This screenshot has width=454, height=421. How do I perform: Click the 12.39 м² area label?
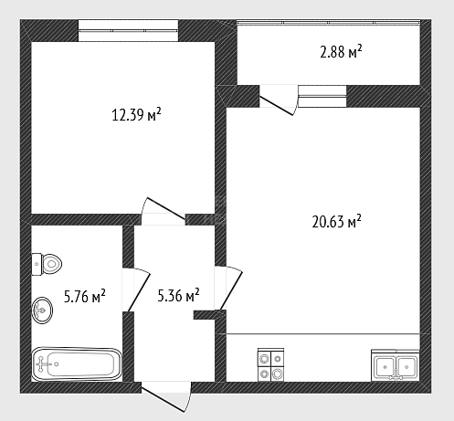coord(136,115)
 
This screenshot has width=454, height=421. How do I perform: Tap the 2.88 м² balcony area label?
coord(341,52)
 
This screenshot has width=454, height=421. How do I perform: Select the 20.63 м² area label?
coord(336,221)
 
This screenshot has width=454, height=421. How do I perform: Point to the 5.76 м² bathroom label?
coord(85,296)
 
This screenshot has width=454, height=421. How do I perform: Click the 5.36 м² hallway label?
coord(178,296)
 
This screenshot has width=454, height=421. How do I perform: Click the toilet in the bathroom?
coord(47,264)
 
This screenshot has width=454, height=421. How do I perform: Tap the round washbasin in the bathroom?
coord(42,310)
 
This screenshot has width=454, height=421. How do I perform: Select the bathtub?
coord(77,364)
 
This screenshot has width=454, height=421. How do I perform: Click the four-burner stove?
coord(270,364)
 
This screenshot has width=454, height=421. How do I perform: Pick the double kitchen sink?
coord(396,365)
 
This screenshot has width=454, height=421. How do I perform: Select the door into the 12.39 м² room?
coord(166,208)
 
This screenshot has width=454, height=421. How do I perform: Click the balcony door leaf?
coord(276,106)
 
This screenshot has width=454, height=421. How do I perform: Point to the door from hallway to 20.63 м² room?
coord(231,290)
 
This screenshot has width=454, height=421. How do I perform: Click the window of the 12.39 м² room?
coord(128,31)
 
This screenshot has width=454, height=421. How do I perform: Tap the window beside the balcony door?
coord(322,96)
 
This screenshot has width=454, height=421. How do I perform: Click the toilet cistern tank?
coord(37,264)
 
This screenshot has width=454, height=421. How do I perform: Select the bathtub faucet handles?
coord(41,364)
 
